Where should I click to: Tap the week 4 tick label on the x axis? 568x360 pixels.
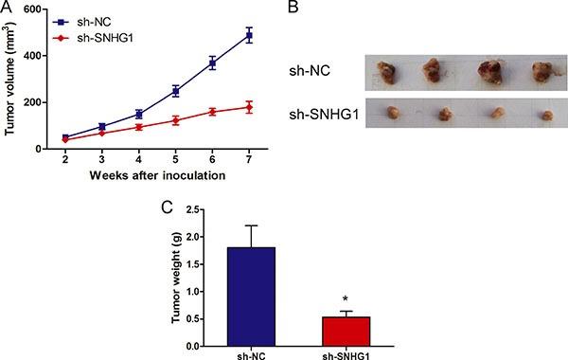[x=138, y=161]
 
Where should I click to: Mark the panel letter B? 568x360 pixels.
[x=293, y=8]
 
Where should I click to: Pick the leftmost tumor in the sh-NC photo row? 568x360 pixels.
[x=388, y=74]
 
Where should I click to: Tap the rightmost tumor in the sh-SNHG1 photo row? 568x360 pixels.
[x=545, y=116]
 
